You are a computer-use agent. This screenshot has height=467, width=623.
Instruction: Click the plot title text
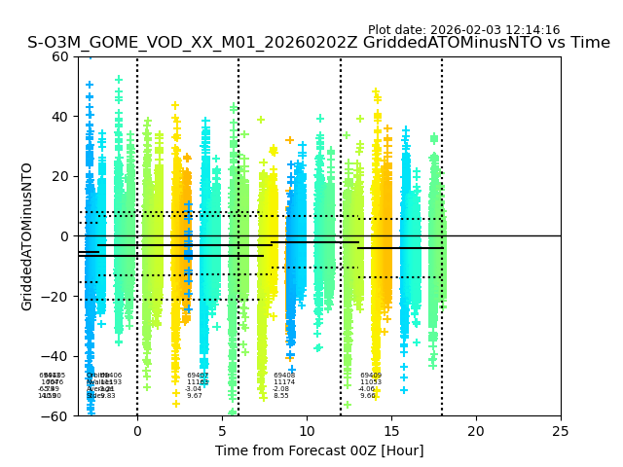pyautogui.click(x=318, y=43)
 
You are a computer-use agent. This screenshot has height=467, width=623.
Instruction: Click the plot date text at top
pyautogui.click(x=463, y=30)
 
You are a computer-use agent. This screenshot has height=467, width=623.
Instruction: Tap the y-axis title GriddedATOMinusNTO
pyautogui.click(x=27, y=236)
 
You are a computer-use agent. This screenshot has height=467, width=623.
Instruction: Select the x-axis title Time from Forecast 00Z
pyautogui.click(x=319, y=450)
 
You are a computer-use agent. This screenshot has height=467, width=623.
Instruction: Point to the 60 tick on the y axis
pyautogui.click(x=60, y=56)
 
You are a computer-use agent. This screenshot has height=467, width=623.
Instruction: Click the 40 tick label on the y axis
pyautogui.click(x=60, y=117)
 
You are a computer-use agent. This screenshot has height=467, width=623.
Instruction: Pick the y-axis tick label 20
pyautogui.click(x=60, y=176)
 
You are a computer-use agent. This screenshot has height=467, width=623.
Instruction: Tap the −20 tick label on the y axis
pyautogui.click(x=56, y=296)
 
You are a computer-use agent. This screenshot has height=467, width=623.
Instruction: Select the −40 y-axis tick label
pyautogui.click(x=56, y=356)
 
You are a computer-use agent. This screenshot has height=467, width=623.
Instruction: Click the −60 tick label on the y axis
pyautogui.click(x=56, y=415)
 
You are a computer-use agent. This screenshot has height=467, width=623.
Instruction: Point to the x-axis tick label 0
pyautogui.click(x=137, y=430)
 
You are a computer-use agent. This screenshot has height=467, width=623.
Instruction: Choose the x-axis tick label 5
pyautogui.click(x=222, y=430)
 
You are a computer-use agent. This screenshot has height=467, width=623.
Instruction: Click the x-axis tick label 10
pyautogui.click(x=307, y=430)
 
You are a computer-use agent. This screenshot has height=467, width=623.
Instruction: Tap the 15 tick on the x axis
pyautogui.click(x=391, y=430)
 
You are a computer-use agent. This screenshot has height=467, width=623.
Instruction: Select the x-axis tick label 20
pyautogui.click(x=476, y=430)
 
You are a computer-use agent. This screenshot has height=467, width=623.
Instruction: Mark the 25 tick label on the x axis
pyautogui.click(x=561, y=430)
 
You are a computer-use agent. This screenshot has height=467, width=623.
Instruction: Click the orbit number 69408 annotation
pyautogui.click(x=284, y=376)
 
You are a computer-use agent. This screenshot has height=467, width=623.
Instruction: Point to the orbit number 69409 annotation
pyautogui.click(x=371, y=376)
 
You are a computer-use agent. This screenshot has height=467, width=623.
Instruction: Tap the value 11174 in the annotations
pyautogui.click(x=284, y=382)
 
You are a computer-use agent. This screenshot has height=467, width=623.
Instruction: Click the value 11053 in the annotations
pyautogui.click(x=371, y=382)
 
